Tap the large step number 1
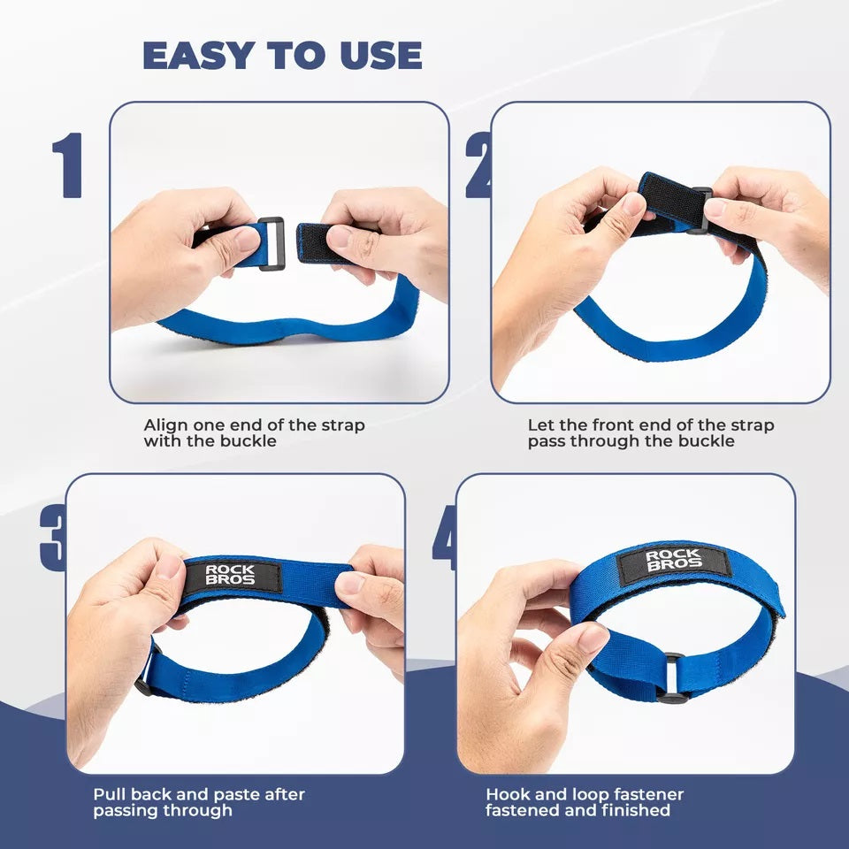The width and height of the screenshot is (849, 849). click(67, 165)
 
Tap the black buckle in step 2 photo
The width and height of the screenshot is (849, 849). click(700, 210)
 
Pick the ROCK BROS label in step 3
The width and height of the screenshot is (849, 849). click(232, 576)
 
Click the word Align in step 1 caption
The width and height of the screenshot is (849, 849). click(165, 425)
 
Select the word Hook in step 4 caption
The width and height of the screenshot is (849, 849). click(506, 794)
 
